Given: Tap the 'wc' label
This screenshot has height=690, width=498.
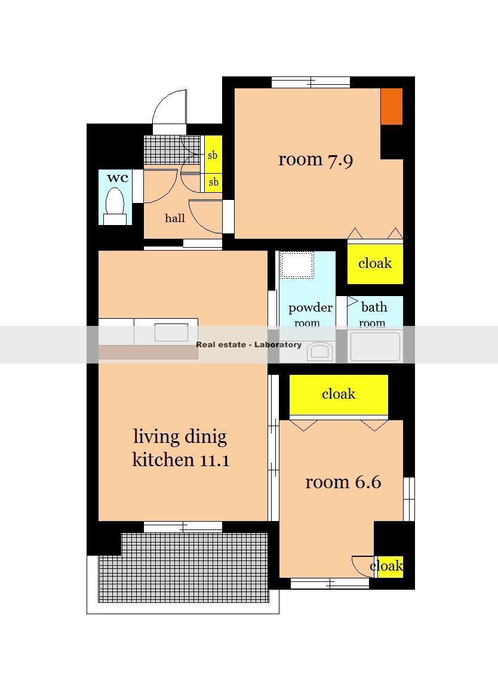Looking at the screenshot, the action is coord(118,178).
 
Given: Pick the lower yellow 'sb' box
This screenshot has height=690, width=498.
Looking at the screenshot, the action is coord(213,183).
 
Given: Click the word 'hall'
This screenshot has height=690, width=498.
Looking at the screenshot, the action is coord(175,218).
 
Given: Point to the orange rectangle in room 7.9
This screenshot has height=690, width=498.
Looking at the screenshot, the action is coord(392,106).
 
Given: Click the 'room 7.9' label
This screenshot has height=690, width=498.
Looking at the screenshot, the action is coord(316,159).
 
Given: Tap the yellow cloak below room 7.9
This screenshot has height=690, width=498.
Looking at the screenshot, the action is coord(375,263).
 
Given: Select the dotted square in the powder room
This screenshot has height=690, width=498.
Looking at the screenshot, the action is coord(297,264).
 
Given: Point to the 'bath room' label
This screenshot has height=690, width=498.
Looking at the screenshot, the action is coord(373,314).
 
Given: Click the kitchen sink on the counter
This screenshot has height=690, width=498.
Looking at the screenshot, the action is coord(171,332).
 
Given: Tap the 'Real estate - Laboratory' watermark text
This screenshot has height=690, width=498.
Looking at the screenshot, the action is coord(249,344).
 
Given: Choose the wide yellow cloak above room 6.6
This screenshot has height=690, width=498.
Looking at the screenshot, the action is coord(339,395).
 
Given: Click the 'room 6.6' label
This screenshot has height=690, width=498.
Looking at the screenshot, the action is coord(343,482).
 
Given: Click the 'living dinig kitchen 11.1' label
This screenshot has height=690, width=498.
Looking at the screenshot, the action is coord(180,448).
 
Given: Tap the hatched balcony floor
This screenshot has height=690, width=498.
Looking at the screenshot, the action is coord(183,567).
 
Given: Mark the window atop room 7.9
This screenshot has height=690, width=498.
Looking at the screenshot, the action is coord(311,82).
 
